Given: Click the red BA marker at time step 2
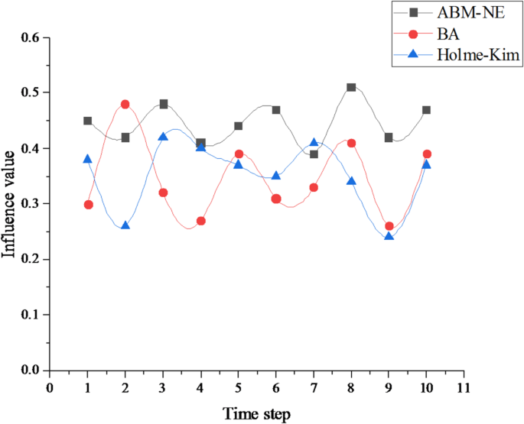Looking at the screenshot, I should click(x=125, y=104).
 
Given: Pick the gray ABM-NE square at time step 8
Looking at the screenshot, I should click(x=351, y=87).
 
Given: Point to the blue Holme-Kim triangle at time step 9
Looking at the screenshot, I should click(x=389, y=236).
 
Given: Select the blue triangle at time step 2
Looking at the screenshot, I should click(x=125, y=225).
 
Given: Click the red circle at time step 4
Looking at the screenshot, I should click(x=200, y=221).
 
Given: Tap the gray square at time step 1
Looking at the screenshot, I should click(x=88, y=121).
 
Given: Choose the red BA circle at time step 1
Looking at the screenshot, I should click(x=88, y=205).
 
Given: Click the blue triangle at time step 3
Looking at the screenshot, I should click(x=163, y=137).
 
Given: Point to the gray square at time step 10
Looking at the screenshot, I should click(x=426, y=110).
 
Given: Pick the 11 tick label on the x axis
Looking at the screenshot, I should click(x=464, y=387).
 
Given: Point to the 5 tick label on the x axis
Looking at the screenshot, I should click(x=238, y=387).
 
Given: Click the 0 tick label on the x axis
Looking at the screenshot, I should click(x=50, y=387).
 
